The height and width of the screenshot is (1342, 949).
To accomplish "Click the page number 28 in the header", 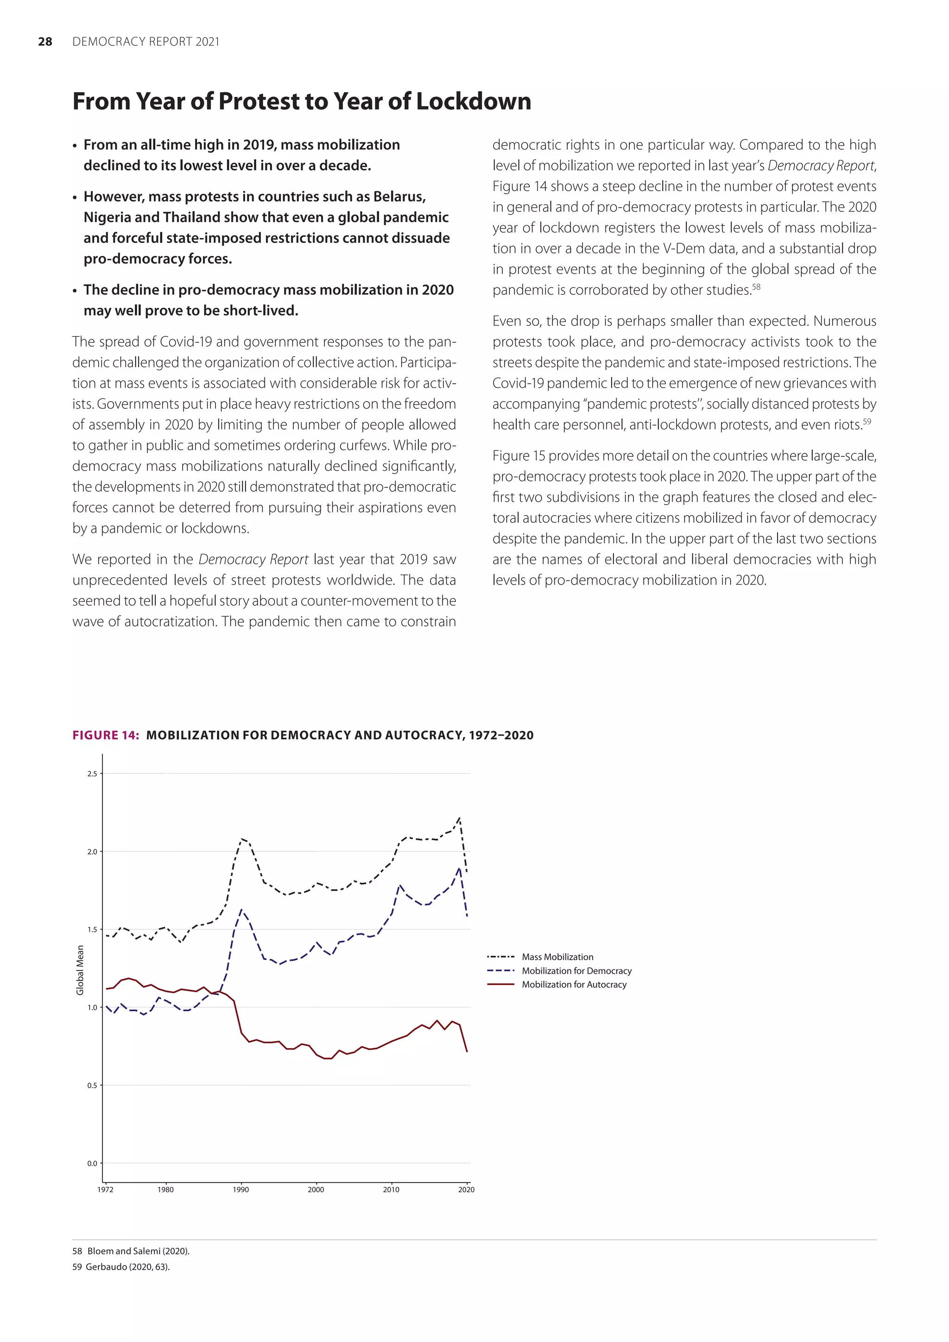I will (x=45, y=42).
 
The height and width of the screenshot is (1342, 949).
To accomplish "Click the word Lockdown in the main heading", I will (x=473, y=101).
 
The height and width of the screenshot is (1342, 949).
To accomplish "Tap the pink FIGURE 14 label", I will (x=105, y=735).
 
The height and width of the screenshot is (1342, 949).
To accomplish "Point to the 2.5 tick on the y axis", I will (x=92, y=774).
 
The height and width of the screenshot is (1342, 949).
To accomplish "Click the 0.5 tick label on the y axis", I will (x=92, y=1085).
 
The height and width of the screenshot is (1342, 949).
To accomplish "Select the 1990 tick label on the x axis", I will (x=241, y=1190).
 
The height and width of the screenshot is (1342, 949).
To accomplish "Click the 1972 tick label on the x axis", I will (x=105, y=1190).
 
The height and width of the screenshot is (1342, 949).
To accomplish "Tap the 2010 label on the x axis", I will (x=391, y=1190).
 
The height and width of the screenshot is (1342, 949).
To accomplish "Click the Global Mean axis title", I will (x=80, y=970).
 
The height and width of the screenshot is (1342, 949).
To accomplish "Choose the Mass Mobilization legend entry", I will (x=557, y=957).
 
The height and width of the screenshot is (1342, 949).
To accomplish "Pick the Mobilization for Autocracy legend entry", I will (x=573, y=984).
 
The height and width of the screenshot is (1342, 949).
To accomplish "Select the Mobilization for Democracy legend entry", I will (x=576, y=971).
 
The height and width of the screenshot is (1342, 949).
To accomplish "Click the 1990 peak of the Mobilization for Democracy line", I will (x=241, y=910).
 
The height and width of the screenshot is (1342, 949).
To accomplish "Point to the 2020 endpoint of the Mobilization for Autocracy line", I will (x=467, y=1052).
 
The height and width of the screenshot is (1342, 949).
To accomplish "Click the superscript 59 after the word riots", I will (x=867, y=421).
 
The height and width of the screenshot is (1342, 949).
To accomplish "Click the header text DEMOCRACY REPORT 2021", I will (x=146, y=42).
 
